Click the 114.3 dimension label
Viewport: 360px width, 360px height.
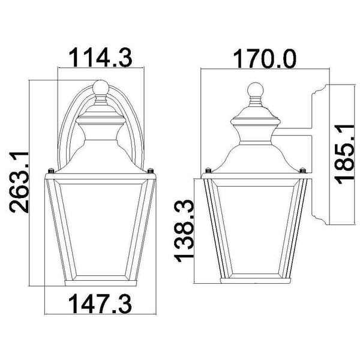pyautogui.click(x=101, y=57)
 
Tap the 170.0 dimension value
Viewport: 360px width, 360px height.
pyautogui.click(x=265, y=59)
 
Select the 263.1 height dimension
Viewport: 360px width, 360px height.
pyautogui.click(x=19, y=182)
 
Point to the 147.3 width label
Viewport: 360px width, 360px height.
pyautogui.click(x=100, y=304)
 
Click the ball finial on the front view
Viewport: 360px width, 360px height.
pyautogui.click(x=101, y=87)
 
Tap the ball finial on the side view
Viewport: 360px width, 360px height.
pyautogui.click(x=256, y=89)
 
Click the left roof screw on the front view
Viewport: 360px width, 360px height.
pyautogui.click(x=51, y=171)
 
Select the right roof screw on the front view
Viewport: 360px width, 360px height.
pyautogui.click(x=151, y=170)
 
